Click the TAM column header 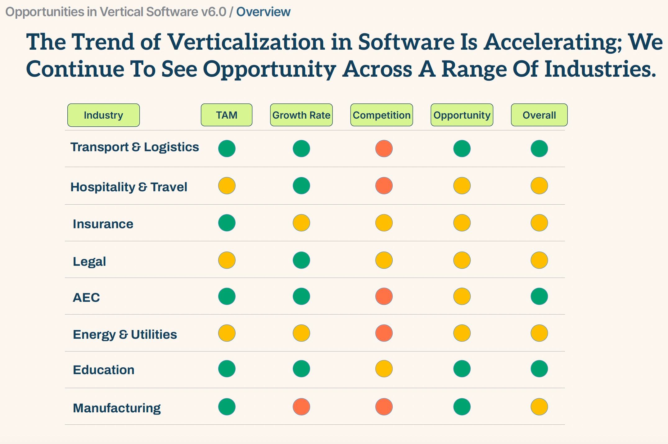click(x=227, y=115)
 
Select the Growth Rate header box click(x=301, y=115)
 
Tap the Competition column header click(x=381, y=115)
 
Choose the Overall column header click(x=539, y=115)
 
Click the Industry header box click(x=103, y=115)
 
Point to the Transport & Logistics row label click(x=134, y=147)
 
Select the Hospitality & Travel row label click(x=129, y=187)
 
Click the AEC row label click(x=86, y=297)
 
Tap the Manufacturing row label click(x=117, y=408)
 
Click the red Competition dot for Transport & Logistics click(x=384, y=148)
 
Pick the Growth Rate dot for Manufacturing click(x=301, y=407)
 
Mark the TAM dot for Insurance click(x=227, y=223)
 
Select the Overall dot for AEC click(x=539, y=297)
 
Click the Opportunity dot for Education click(x=462, y=369)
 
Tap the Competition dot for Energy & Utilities click(x=384, y=333)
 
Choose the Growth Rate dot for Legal click(x=301, y=260)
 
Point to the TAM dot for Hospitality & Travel click(x=227, y=186)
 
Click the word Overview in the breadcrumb click(x=263, y=12)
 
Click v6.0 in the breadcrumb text click(x=214, y=12)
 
